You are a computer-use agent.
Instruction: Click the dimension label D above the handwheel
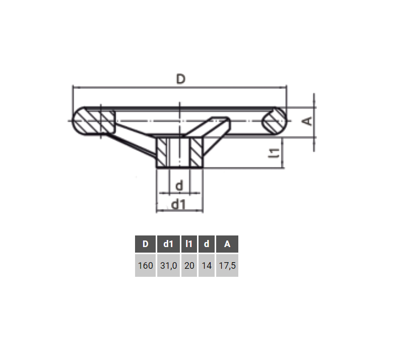click(180, 79)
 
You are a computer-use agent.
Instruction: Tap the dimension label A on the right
click(308, 121)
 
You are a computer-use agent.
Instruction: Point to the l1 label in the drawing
click(275, 153)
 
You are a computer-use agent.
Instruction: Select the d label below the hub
click(179, 186)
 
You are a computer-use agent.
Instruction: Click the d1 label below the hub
click(179, 204)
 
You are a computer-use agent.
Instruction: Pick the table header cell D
click(145, 244)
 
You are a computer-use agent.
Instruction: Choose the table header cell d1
click(168, 244)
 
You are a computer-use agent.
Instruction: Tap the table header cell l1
click(189, 244)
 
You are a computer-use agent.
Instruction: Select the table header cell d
click(206, 244)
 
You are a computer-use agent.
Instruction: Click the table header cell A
click(227, 244)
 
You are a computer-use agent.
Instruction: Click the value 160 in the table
click(145, 266)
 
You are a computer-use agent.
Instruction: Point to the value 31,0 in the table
click(168, 266)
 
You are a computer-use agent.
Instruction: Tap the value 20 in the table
click(189, 266)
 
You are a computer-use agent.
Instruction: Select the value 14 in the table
click(206, 266)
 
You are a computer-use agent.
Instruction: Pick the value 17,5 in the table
click(227, 266)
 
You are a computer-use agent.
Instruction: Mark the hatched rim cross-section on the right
click(275, 121)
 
